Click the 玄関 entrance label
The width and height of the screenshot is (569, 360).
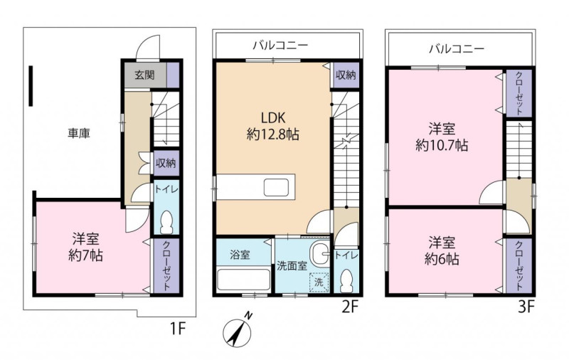(x=144, y=75)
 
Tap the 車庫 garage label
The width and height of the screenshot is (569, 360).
(x=79, y=134)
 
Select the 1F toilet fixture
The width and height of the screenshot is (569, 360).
(x=166, y=222)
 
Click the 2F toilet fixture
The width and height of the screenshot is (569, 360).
(x=346, y=281)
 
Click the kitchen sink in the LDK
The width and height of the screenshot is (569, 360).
(x=276, y=187)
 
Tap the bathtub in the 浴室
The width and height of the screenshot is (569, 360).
(x=243, y=279)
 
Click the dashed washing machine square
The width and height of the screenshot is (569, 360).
(x=319, y=282)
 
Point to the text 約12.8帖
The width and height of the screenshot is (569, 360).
(x=273, y=135)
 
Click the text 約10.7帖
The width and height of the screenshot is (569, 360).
(x=442, y=145)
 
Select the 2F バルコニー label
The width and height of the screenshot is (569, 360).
(x=280, y=46)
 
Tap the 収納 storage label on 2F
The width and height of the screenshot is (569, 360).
(x=346, y=75)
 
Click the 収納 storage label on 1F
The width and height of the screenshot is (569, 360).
(x=166, y=163)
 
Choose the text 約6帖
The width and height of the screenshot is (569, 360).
(x=442, y=259)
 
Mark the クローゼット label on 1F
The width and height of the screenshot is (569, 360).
(x=166, y=265)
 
